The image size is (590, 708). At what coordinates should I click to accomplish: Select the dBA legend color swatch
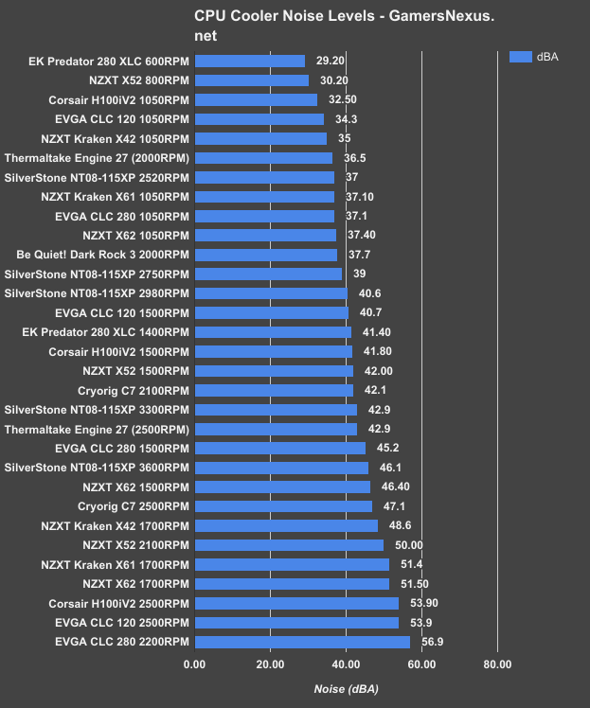click(521, 57)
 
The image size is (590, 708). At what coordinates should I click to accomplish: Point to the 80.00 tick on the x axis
click(497, 664)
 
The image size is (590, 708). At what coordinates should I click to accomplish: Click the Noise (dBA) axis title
click(346, 690)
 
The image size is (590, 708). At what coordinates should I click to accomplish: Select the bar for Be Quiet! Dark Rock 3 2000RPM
click(265, 255)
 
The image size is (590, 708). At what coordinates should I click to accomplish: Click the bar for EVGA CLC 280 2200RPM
click(302, 642)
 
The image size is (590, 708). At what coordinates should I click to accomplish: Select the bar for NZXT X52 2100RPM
click(289, 544)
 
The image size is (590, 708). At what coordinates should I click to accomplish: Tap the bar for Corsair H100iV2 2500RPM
click(296, 603)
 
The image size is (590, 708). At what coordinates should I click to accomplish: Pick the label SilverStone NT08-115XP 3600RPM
click(98, 468)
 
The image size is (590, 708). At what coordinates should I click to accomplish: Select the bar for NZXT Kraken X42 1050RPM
click(260, 138)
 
